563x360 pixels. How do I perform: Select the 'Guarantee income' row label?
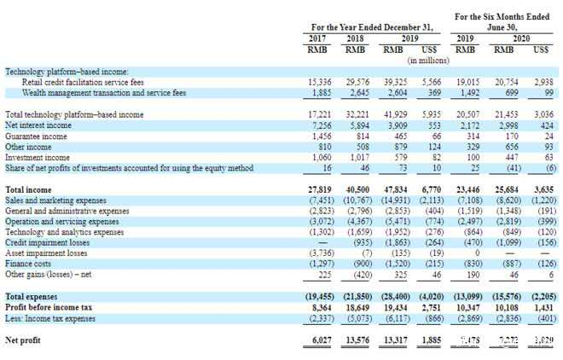pos(36,136)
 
